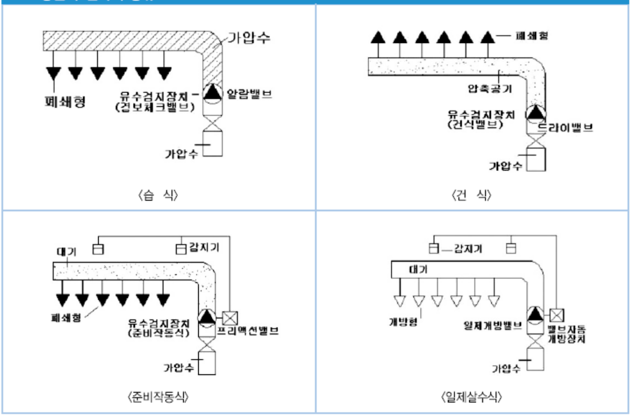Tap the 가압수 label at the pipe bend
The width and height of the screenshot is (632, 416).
pos(249,38)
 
